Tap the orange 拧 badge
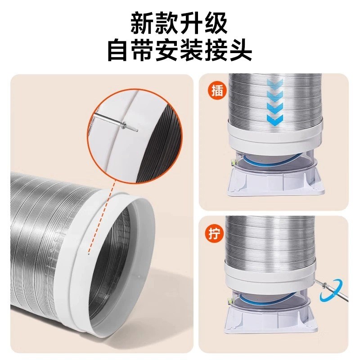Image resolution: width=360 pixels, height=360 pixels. coord(216,235)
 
